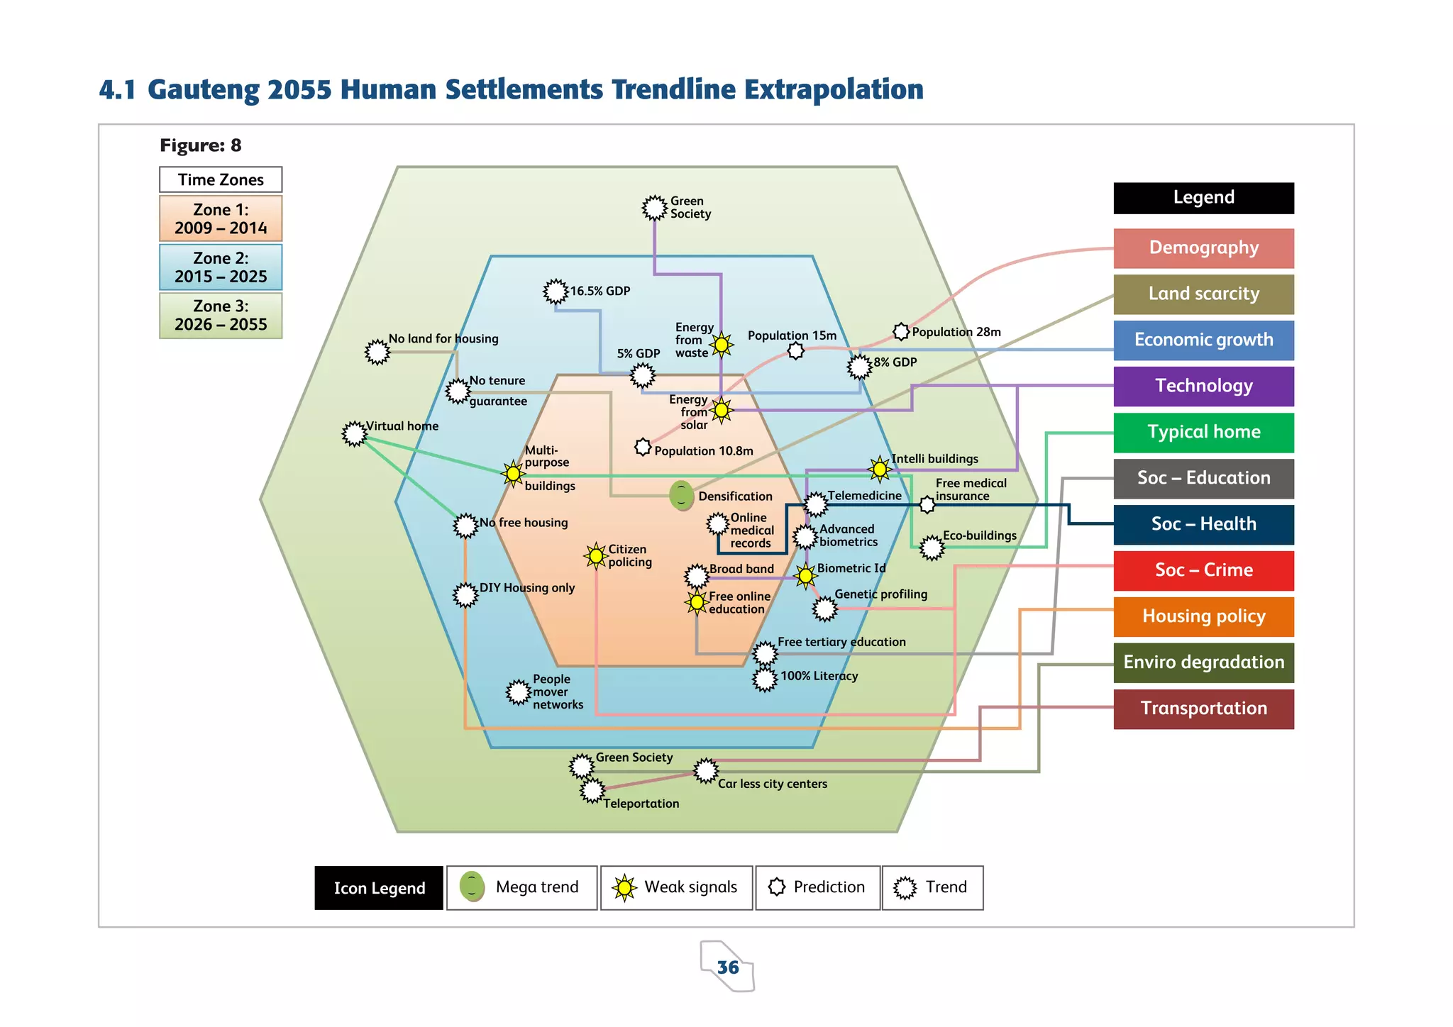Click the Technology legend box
pyautogui.click(x=1203, y=386)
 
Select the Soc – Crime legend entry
pyautogui.click(x=1203, y=570)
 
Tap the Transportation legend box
pyautogui.click(x=1203, y=709)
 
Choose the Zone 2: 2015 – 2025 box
pyautogui.click(x=221, y=267)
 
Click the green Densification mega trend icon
pyautogui.click(x=682, y=495)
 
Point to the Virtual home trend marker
pyautogui.click(x=354, y=433)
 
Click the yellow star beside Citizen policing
pyautogui.click(x=596, y=555)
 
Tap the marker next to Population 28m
pyautogui.click(x=901, y=331)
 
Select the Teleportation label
pyautogui.click(x=641, y=804)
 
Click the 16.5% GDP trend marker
pyautogui.click(x=556, y=291)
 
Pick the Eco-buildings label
pyautogui.click(x=979, y=535)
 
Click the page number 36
pyautogui.click(x=728, y=967)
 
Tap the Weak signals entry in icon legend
pyautogui.click(x=676, y=887)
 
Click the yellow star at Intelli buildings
pyautogui.click(x=880, y=468)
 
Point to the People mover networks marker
pyautogui.click(x=519, y=692)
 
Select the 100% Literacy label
pyautogui.click(x=819, y=676)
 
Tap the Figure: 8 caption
pyautogui.click(x=200, y=145)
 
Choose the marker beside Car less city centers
pyautogui.click(x=706, y=770)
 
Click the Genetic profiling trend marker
pyautogui.click(x=825, y=609)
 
